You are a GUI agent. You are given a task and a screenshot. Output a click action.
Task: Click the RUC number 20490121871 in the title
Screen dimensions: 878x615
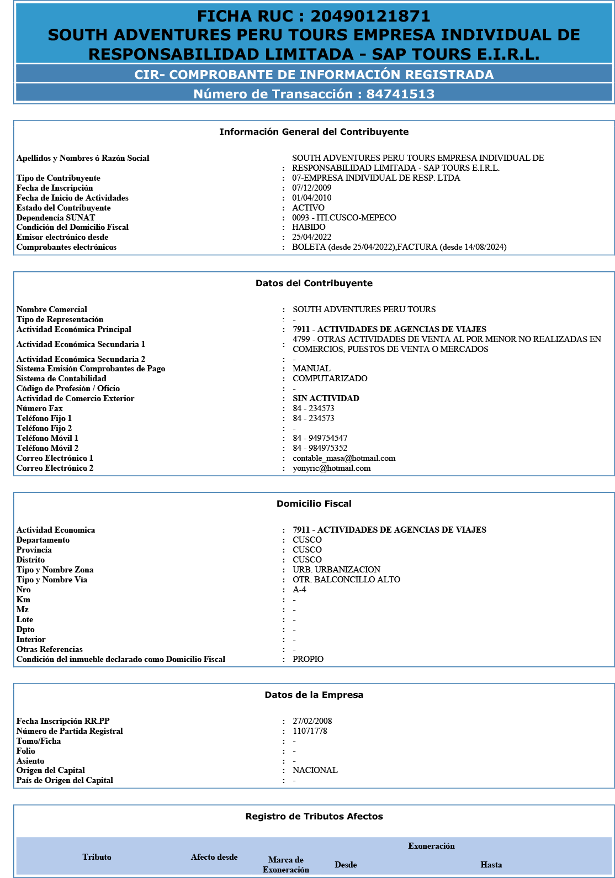coord(370,17)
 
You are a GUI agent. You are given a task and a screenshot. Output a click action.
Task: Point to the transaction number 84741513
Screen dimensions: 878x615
coord(400,94)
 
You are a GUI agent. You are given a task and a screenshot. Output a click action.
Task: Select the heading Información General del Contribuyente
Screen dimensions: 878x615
coord(314,132)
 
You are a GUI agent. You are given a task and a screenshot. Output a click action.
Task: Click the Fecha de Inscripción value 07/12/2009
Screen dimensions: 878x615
coord(311,188)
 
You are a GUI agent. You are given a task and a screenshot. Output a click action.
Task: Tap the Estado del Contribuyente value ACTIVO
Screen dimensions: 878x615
coord(308,208)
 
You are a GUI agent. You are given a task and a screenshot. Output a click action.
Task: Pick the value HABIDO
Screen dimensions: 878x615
coord(309,227)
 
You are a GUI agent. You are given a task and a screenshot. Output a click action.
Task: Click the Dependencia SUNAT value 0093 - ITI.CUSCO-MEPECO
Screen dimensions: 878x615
coord(344,218)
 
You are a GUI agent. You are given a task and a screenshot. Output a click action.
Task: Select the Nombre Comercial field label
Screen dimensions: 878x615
coord(52,309)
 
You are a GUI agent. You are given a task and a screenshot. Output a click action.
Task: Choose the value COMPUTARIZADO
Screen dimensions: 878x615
coord(330,378)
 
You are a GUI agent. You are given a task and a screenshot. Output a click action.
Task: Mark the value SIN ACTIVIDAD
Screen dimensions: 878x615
coord(326,398)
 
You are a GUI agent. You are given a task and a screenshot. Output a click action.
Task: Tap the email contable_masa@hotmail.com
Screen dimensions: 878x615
coord(344,458)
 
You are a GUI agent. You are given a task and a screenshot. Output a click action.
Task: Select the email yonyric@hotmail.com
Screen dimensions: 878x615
coord(331,468)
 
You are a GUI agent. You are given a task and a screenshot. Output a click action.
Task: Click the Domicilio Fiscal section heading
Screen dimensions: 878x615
coord(314,504)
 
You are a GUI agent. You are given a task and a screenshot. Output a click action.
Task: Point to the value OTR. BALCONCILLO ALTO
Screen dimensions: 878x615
coord(346,580)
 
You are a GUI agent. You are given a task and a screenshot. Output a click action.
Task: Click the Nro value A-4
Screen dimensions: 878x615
coord(299,590)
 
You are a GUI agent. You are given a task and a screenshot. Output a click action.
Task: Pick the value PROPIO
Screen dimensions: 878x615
coord(308,659)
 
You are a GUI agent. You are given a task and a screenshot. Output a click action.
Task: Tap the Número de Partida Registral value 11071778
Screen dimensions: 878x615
coord(310,731)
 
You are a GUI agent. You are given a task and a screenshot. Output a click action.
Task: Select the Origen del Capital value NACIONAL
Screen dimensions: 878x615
coord(315,770)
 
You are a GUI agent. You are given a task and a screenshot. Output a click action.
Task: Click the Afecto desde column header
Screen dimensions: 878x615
coord(214,857)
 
